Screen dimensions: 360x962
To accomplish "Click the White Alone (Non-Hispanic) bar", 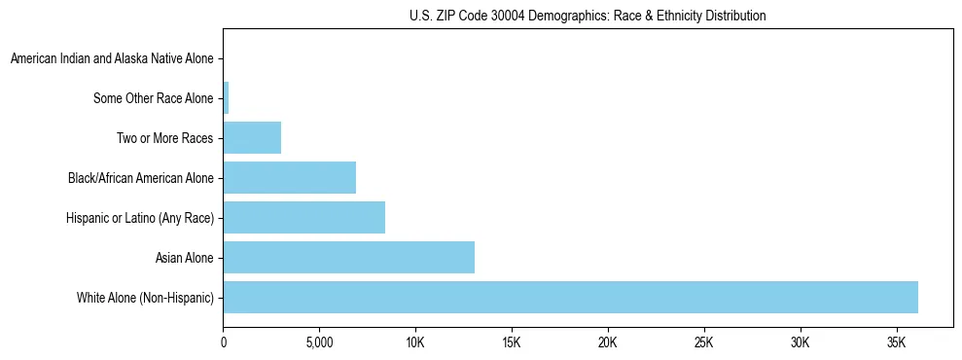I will click(x=570, y=297).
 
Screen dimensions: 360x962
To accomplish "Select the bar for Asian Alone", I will click(x=349, y=258).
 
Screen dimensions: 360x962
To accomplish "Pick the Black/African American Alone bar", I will click(x=290, y=178).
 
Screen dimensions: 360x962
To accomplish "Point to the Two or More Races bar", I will click(x=252, y=138).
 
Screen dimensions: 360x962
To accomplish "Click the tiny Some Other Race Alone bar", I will click(x=227, y=98).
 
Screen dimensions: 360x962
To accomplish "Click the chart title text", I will click(x=588, y=16).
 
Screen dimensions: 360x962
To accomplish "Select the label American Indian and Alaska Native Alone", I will click(x=112, y=59).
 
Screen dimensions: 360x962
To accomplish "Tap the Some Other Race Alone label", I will click(x=154, y=98).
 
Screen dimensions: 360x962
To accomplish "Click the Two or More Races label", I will click(x=165, y=138).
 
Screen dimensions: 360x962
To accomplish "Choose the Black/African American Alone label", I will click(x=141, y=178).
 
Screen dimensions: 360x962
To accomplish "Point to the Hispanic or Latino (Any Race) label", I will click(x=138, y=218).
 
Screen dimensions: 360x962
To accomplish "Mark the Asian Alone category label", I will click(x=185, y=258).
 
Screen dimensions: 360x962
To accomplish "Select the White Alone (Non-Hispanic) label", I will click(x=145, y=297).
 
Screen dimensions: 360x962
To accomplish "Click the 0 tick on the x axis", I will click(x=224, y=343).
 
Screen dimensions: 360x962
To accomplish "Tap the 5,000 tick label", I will click(x=319, y=343).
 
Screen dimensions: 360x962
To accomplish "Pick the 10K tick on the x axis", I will click(x=415, y=343).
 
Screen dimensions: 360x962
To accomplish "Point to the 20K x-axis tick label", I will click(x=608, y=343).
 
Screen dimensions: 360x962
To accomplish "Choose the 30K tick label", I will click(x=801, y=343).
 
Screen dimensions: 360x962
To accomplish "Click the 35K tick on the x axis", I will click(x=896, y=343).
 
